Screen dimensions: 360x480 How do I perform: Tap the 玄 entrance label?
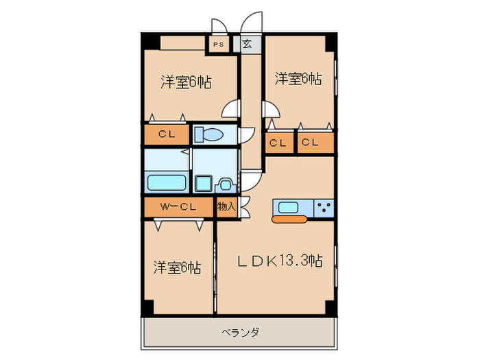(x=248, y=45)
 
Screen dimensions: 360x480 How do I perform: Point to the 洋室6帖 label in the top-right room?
(x=298, y=79)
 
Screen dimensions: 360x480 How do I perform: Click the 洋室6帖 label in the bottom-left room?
(x=177, y=267)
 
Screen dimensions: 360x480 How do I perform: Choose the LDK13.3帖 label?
(x=280, y=261)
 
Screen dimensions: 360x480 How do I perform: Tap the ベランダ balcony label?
(x=240, y=333)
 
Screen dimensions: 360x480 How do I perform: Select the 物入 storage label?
(x=226, y=206)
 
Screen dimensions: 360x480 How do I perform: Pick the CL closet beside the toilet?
(x=166, y=134)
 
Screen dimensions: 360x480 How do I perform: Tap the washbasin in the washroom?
(x=226, y=185)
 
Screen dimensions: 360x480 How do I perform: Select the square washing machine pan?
(x=204, y=183)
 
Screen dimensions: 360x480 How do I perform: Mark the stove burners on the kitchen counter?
(x=324, y=207)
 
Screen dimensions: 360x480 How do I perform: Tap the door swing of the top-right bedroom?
(x=270, y=110)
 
